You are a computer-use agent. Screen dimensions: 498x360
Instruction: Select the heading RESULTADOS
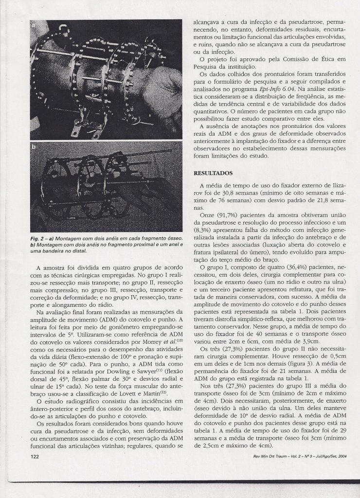[x=214, y=173]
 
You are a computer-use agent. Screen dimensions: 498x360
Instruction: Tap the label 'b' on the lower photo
[x=33, y=146]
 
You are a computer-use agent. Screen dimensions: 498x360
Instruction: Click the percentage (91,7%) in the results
[x=230, y=214]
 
